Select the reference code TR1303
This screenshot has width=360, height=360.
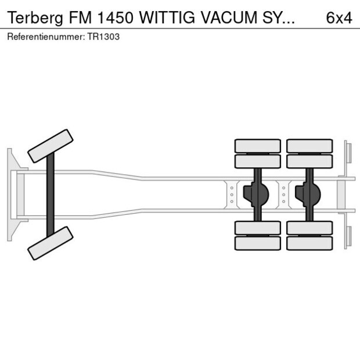coord(105,37)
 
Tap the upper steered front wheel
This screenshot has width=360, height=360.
coord(51,146)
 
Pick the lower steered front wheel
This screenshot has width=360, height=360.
coord(51,243)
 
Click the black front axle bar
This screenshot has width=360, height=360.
coord(51,195)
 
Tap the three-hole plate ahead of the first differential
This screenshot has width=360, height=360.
coord(232,195)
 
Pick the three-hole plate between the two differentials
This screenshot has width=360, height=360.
coord(283,195)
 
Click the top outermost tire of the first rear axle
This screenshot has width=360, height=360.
coord(258,146)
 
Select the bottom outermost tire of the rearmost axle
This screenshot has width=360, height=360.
coord(309,243)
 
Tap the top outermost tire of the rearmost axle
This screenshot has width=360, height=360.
coord(309,146)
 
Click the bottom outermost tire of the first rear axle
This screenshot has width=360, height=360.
coord(258,243)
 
